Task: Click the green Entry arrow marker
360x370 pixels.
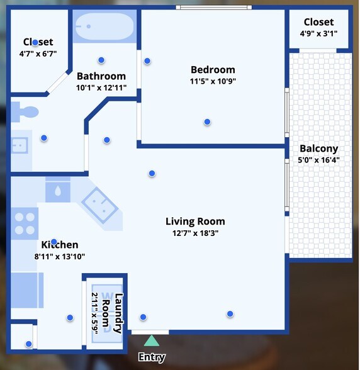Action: (152, 341)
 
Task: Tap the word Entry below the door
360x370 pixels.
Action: (152, 357)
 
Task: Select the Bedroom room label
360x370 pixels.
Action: (213, 70)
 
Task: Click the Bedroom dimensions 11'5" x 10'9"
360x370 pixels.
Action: (213, 81)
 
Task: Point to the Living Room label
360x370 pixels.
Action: (195, 221)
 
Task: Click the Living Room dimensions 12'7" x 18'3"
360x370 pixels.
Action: (195, 233)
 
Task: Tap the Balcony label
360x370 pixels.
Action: (318, 149)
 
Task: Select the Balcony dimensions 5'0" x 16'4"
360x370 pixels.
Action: (318, 160)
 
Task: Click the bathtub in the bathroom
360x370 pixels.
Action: (104, 27)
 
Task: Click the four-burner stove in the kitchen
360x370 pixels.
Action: (25, 223)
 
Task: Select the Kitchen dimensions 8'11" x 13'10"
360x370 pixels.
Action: (60, 256)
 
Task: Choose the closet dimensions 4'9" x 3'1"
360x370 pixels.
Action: (318, 33)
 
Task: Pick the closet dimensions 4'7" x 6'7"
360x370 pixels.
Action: (38, 53)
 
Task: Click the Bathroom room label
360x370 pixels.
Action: (101, 77)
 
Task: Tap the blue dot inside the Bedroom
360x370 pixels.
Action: (207, 122)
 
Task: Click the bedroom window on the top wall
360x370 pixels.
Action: (214, 8)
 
